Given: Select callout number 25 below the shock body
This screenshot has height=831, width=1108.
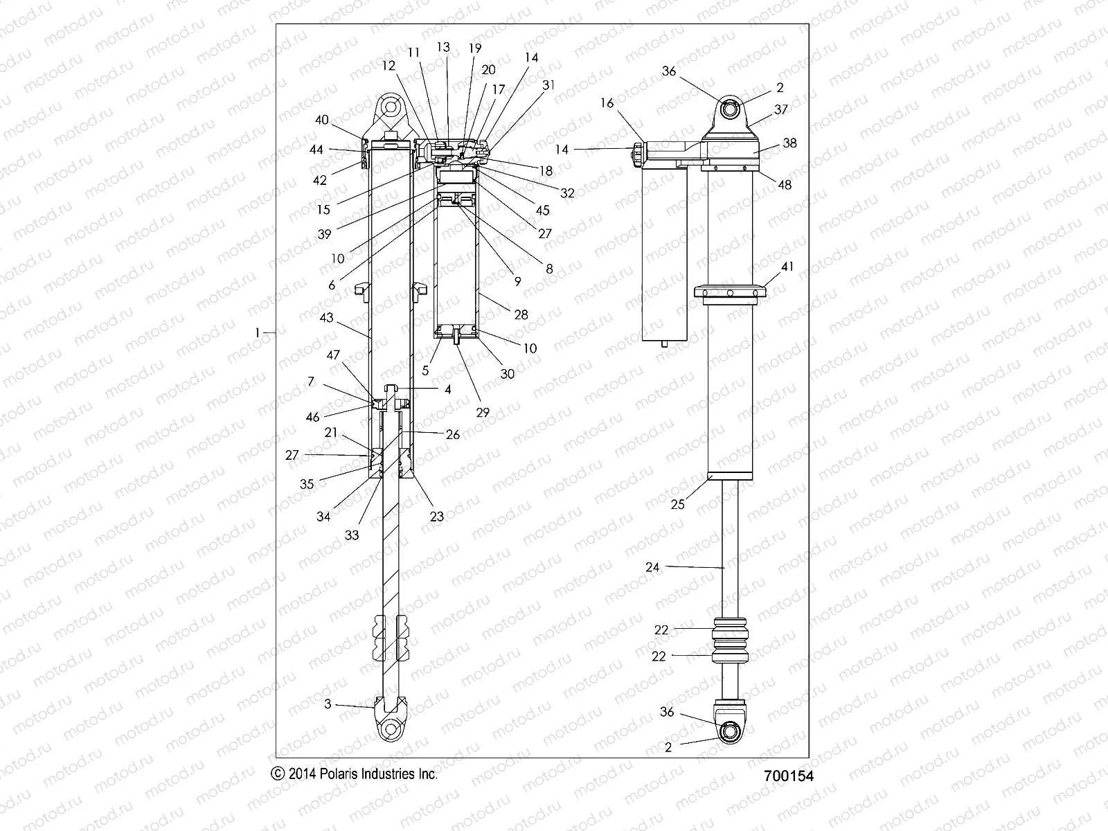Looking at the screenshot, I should click(677, 504).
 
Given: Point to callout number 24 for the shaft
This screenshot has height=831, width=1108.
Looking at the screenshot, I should click(652, 567).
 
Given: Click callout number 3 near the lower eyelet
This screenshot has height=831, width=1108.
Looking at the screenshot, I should click(328, 704).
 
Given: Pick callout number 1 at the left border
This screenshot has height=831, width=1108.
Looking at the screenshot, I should click(257, 333).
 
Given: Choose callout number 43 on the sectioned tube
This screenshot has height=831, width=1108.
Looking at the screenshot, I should click(327, 318).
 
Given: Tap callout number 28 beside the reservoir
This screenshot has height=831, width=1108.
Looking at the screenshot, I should click(521, 314).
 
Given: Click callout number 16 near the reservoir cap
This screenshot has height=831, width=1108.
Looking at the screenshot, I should click(607, 103).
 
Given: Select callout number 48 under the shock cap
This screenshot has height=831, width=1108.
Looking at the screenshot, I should click(785, 185).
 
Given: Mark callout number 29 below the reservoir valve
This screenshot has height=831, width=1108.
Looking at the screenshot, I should click(483, 412).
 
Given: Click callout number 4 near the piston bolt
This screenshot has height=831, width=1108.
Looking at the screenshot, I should click(447, 390).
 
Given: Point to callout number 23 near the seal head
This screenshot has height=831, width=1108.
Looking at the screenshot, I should click(437, 515).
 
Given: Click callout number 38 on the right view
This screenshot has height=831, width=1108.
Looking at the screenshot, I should click(789, 143).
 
